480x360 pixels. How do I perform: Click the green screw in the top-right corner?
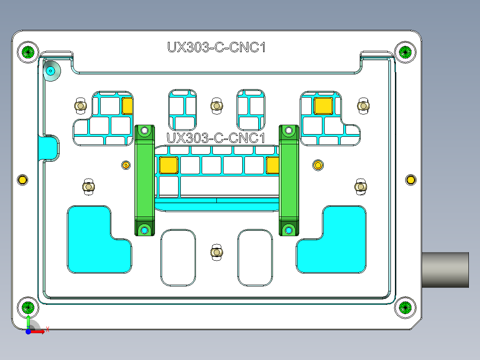(405, 52)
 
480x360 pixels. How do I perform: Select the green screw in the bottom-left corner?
(28, 307)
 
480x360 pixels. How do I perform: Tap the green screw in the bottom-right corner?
(405, 307)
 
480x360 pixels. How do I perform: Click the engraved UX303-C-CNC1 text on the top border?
(216, 47)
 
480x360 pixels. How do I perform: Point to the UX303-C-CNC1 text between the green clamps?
(216, 138)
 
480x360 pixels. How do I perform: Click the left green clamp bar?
(144, 180)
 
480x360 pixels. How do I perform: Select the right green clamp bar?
(289, 180)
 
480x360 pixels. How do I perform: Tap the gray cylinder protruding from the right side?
(445, 270)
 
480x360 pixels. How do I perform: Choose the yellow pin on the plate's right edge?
(411, 180)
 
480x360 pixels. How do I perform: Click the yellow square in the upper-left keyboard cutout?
(127, 106)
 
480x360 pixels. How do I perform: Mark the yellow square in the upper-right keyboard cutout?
(323, 106)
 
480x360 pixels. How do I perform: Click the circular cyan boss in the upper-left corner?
(51, 71)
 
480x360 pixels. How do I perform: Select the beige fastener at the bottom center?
(216, 252)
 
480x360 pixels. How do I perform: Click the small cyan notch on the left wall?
(48, 147)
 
